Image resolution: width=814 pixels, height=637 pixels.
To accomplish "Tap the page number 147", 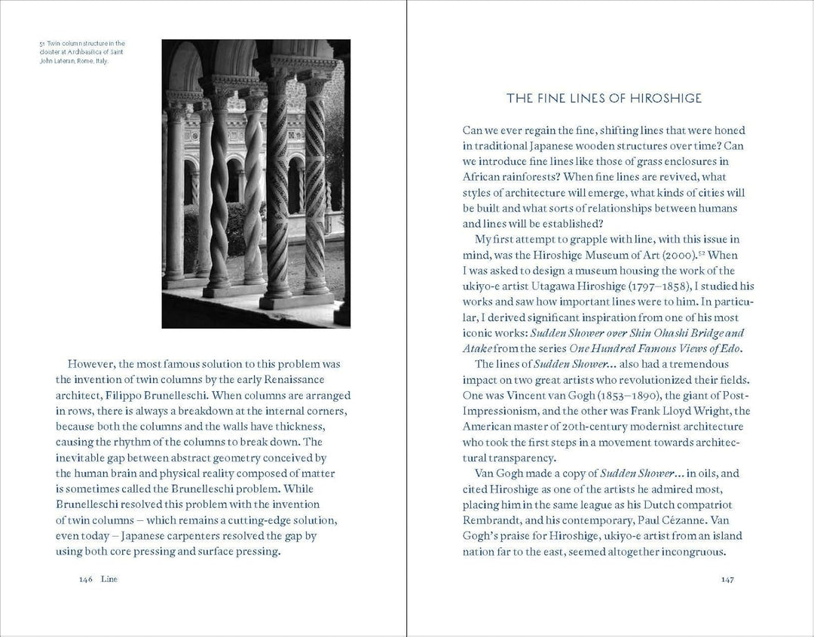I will pos(727,580).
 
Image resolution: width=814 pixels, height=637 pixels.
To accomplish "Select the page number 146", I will pos(84,580).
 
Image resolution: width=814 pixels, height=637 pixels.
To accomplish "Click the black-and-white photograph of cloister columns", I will pos(256,183).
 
